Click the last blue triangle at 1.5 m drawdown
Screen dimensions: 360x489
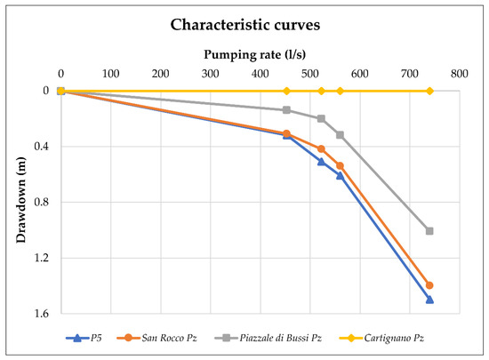(x=429, y=300)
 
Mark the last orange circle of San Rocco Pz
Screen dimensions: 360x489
(x=429, y=285)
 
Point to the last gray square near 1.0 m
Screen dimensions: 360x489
(x=429, y=231)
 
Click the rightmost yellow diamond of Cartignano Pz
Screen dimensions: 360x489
(x=429, y=91)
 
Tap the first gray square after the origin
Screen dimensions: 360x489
(x=286, y=110)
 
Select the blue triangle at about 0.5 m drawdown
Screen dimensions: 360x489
(x=321, y=162)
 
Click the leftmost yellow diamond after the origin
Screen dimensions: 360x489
(x=286, y=91)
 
